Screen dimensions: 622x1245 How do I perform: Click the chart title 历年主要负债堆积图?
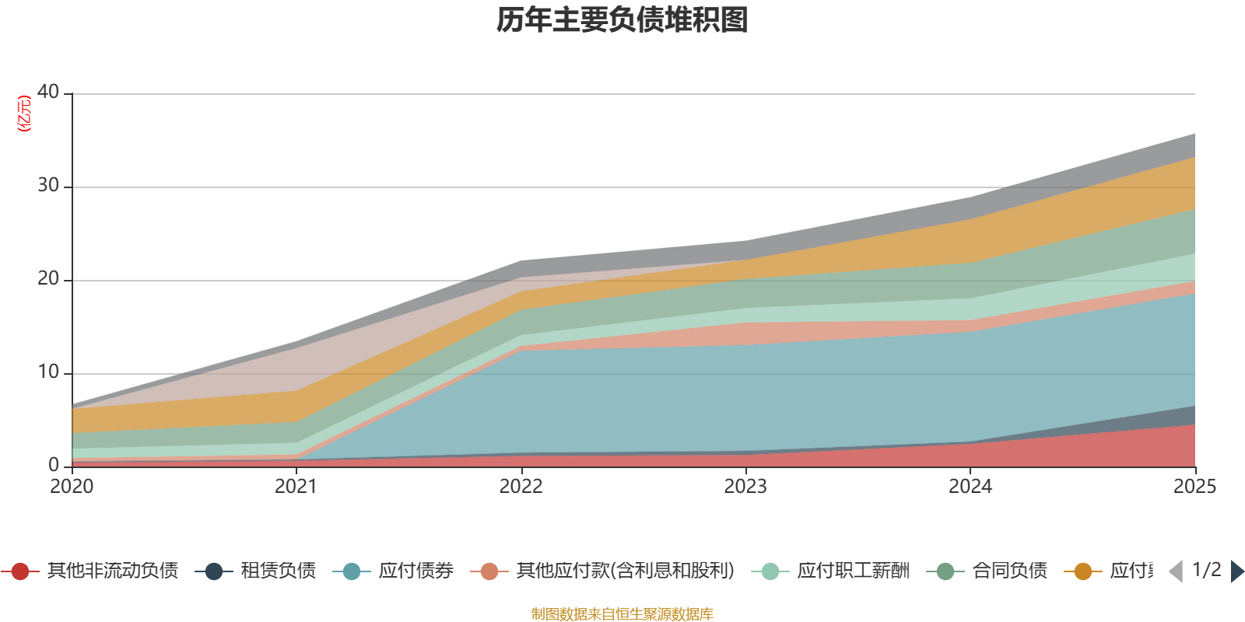point(622,20)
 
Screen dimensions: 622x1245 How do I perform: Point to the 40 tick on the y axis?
point(48,92)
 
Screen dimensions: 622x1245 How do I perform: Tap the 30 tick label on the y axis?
point(48,185)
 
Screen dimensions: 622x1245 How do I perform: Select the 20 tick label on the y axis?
point(48,278)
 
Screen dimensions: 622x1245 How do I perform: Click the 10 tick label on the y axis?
point(48,372)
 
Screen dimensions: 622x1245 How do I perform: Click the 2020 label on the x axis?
point(72,487)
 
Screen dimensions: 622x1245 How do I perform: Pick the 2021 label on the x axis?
point(296,487)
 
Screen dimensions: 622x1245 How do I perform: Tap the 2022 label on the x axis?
point(521,487)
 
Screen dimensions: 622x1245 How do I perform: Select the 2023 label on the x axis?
point(745,487)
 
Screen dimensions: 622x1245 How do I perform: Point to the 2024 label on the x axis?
point(970,487)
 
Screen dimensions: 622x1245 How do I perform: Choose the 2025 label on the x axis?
point(1194,487)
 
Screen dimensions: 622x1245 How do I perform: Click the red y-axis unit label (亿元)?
point(24,114)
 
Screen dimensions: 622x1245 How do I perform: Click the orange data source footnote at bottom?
point(622,614)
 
